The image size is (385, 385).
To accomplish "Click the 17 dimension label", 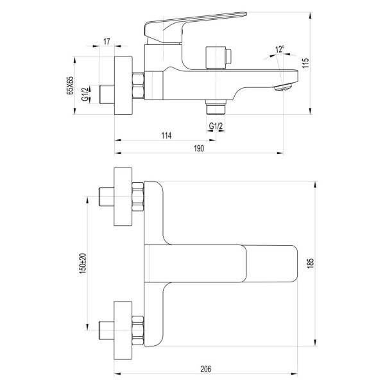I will click(107, 42).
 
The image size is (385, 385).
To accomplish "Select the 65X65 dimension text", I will click(71, 84).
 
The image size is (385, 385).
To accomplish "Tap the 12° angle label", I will click(279, 49).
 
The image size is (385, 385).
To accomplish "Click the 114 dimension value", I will click(166, 135).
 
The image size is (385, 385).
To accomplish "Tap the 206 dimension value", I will click(205, 369).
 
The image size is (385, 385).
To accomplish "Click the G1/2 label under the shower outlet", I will click(216, 125).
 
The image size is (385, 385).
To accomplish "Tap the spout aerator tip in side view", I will click(280, 88).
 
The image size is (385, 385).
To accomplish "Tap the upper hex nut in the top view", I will click(137, 196).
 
